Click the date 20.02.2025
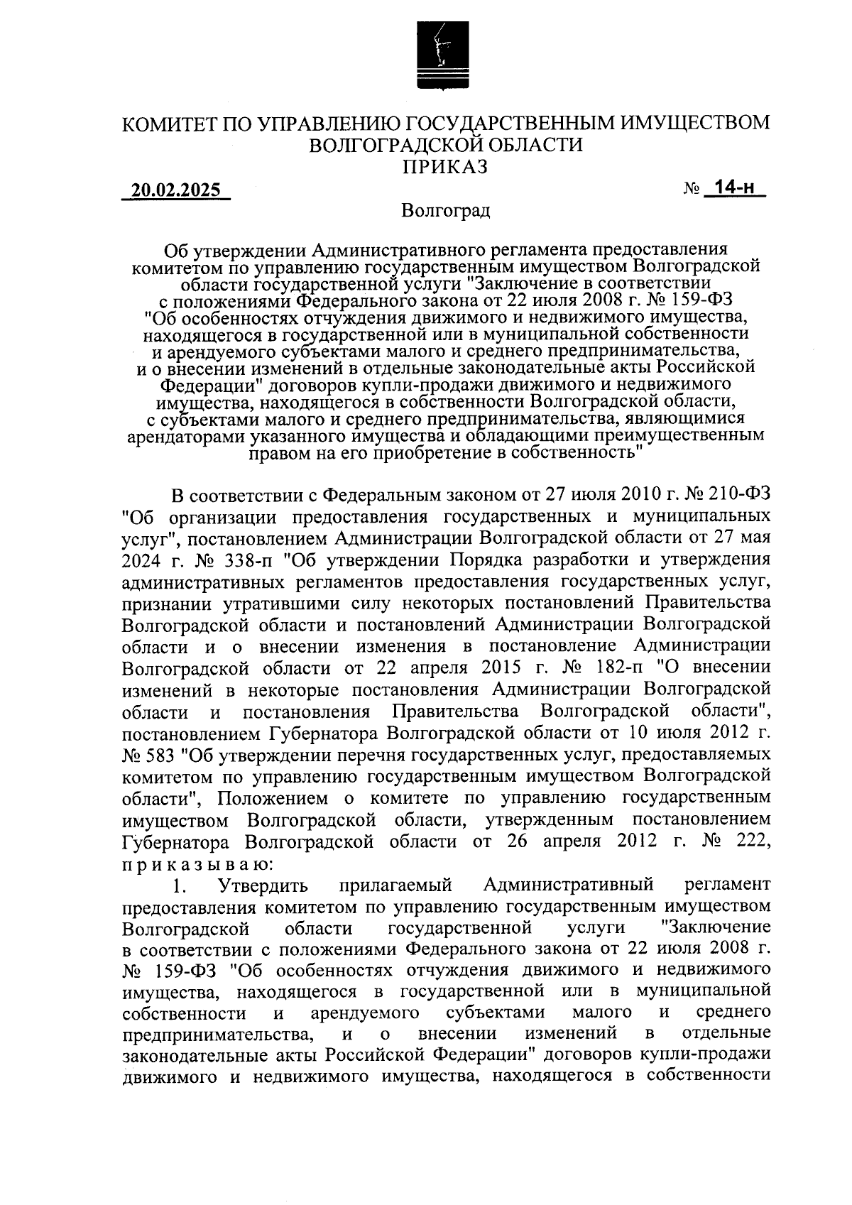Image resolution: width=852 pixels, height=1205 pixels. coord(176,191)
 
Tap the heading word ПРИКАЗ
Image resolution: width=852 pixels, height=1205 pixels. coord(446,167)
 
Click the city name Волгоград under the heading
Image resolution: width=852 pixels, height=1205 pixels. coord(445,211)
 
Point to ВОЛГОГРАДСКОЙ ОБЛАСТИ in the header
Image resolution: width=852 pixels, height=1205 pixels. coord(446,145)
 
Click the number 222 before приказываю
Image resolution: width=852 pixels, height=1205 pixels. coord(751,842)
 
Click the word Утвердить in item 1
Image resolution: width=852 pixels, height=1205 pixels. coord(263,885)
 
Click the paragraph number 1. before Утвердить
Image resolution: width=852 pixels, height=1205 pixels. coord(180,885)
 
